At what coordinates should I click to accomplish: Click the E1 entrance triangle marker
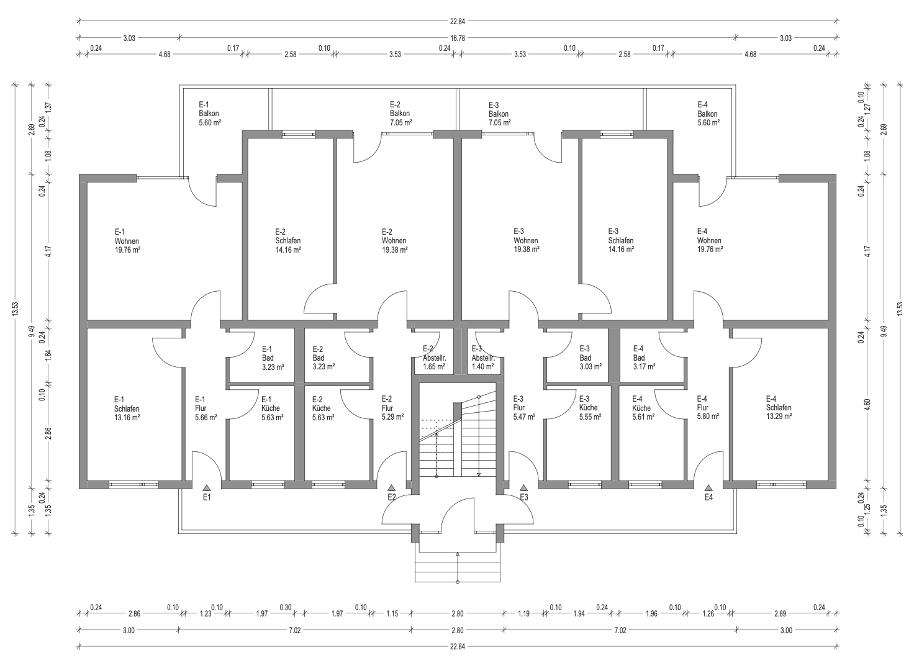[x=207, y=487]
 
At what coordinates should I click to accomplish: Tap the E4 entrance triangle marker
[x=708, y=487]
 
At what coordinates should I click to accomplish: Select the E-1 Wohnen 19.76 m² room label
[x=127, y=241]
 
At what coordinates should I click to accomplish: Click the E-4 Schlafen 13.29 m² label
[x=779, y=408]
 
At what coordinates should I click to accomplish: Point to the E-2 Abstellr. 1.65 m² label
[x=434, y=358]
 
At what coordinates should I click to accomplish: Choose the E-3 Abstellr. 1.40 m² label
[x=483, y=358]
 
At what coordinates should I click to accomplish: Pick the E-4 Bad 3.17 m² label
[x=645, y=358]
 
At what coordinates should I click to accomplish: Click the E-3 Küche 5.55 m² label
[x=590, y=408]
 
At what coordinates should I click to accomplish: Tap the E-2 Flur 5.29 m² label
[x=392, y=408]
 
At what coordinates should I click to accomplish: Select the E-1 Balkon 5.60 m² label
[x=210, y=114]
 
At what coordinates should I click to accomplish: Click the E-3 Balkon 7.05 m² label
[x=500, y=114]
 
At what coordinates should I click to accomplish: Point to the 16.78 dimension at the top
[x=458, y=38]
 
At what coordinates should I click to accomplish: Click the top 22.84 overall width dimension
[x=458, y=21]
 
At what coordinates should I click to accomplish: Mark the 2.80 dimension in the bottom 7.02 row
[x=458, y=630]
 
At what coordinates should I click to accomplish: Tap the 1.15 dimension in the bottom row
[x=392, y=613]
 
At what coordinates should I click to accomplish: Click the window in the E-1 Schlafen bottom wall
[x=134, y=485]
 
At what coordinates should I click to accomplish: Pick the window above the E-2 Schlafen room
[x=299, y=134]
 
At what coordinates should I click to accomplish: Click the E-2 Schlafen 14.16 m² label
[x=288, y=241]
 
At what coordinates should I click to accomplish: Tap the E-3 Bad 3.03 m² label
[x=590, y=358]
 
